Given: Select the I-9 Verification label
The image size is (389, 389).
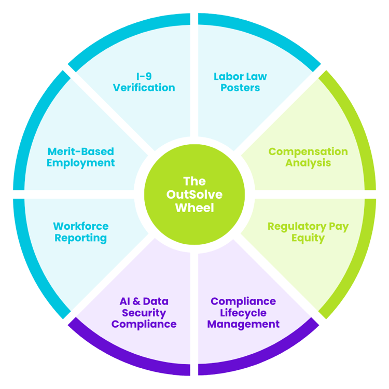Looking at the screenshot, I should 144,82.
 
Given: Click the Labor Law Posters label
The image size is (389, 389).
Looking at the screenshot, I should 240,82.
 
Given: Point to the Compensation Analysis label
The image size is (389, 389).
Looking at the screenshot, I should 308,157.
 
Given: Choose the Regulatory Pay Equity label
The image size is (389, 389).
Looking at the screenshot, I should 308,232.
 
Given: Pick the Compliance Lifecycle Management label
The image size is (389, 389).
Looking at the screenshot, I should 243,313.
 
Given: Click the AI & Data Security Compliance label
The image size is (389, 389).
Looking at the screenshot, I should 144,313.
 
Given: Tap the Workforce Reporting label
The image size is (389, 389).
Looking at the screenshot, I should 80,232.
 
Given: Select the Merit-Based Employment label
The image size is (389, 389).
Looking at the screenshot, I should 80,157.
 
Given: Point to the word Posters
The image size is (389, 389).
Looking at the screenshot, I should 240,88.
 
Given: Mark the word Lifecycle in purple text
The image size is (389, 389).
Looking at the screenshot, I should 243,313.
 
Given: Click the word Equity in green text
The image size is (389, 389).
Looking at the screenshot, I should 308,239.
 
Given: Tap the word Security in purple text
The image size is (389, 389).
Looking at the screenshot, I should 144,313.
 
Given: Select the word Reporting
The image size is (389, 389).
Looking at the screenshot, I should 80,239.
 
